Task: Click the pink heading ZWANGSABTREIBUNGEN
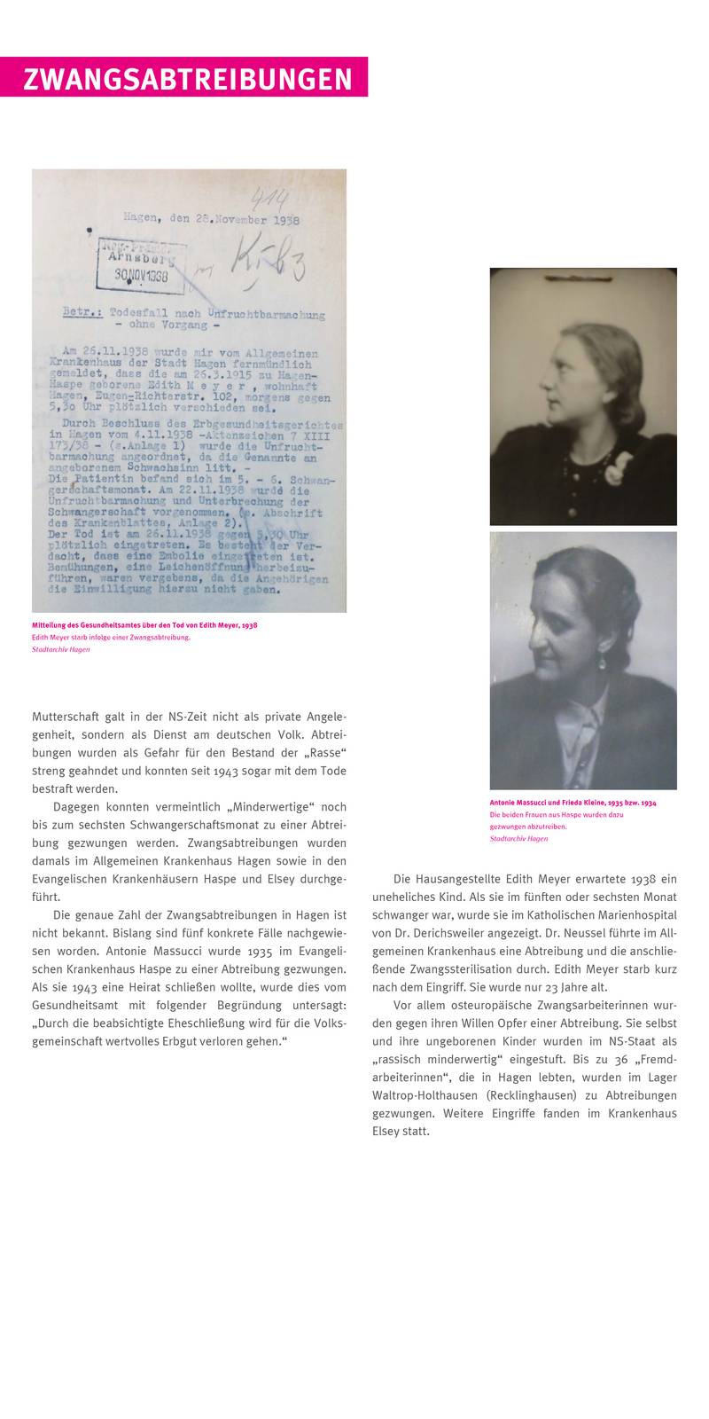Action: pos(187,79)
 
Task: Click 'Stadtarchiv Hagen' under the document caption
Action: pos(60,649)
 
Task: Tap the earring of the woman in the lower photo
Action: pos(599,662)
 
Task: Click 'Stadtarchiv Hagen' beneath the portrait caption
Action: pos(518,838)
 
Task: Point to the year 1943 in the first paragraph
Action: pos(227,771)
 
